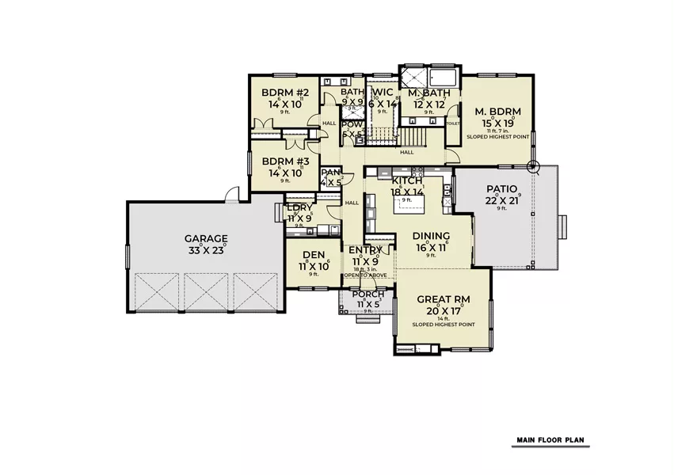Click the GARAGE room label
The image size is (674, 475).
[206, 237]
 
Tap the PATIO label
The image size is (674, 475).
[501, 189]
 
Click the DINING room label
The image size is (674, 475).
[432, 236]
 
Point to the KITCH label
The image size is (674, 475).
[407, 180]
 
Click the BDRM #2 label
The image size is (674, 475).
[284, 93]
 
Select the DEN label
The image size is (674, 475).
[313, 256]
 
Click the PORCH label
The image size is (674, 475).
[369, 294]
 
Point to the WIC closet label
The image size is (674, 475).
[383, 93]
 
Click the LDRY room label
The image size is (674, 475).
[300, 207]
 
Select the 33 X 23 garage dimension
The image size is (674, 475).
[206, 249]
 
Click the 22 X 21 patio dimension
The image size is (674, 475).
[501, 200]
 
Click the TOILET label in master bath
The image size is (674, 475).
[453, 124]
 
